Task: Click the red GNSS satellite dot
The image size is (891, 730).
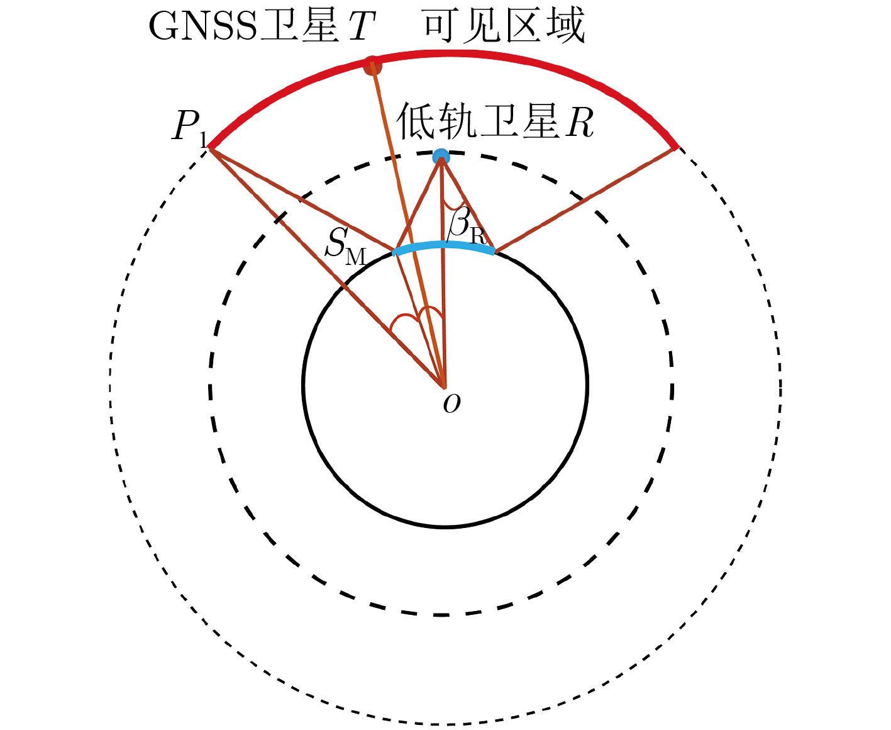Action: (x=373, y=66)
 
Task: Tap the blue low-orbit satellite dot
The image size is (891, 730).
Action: (x=441, y=157)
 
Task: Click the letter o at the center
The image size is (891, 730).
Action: (x=451, y=404)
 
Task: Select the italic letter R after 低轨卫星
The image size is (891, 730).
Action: (x=580, y=123)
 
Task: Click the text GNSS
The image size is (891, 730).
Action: (x=203, y=26)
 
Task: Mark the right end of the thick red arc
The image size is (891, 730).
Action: (x=677, y=147)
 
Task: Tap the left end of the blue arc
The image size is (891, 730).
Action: (x=394, y=253)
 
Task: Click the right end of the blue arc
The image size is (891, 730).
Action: (x=494, y=252)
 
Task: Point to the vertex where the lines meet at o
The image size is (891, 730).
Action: (x=444, y=387)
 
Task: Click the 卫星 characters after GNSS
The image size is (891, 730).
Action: (x=299, y=26)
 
